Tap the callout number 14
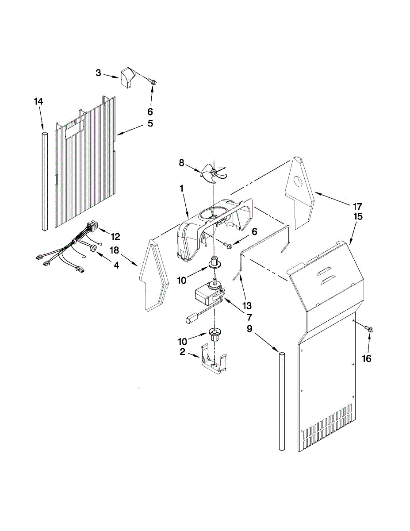tap(38, 102)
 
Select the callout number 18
tap(115, 250)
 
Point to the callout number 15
tap(358, 216)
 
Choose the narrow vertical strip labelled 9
tap(282, 400)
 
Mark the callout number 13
tap(247, 305)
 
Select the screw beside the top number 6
tap(153, 82)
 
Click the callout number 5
tap(150, 123)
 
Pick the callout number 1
tap(181, 188)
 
